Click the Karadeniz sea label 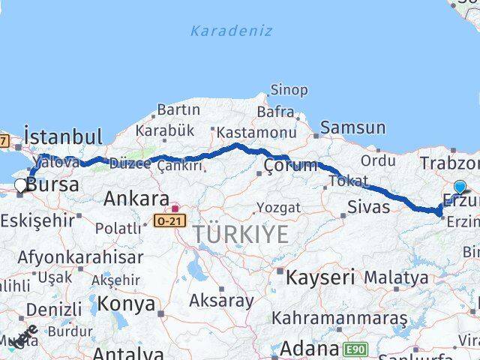click(x=231, y=31)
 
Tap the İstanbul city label click(x=63, y=136)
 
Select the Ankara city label click(x=136, y=199)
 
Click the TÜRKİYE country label click(x=241, y=234)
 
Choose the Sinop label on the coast click(x=289, y=90)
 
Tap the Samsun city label click(x=353, y=128)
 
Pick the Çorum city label click(x=291, y=165)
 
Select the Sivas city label click(x=369, y=205)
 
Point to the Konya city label click(x=127, y=304)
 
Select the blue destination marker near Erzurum click(x=460, y=187)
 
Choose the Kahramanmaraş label click(x=339, y=318)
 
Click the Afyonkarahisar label click(x=81, y=256)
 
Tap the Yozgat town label click(x=278, y=207)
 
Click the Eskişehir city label click(x=37, y=220)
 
